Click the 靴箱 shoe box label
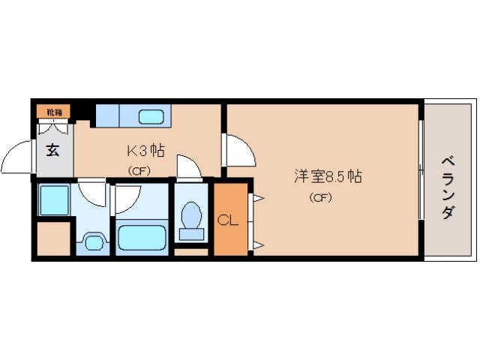point(54,112)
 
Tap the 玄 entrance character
point(53,149)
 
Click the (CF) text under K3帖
point(138,170)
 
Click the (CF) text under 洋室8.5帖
point(320,198)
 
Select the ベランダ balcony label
point(448,187)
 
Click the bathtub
point(142,238)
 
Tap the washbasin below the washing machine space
point(93,242)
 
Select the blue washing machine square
point(54,200)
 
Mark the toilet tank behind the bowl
point(192,234)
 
